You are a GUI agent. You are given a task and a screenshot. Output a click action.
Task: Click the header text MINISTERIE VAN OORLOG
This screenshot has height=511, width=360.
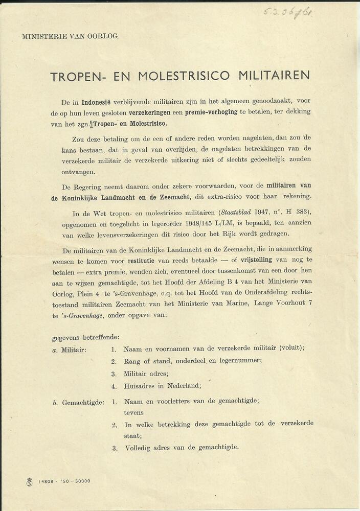coord(70,36)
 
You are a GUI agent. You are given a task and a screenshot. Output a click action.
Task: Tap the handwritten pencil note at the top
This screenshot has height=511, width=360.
coord(288,11)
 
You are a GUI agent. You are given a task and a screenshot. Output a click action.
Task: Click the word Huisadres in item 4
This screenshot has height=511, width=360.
coord(141,386)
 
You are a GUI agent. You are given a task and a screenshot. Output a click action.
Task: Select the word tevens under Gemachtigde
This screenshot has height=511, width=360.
coord(133,412)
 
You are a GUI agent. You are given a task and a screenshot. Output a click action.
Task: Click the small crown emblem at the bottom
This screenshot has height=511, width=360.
coord(29,481)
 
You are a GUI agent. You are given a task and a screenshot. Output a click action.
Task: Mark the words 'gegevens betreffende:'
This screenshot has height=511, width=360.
coord(85,337)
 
